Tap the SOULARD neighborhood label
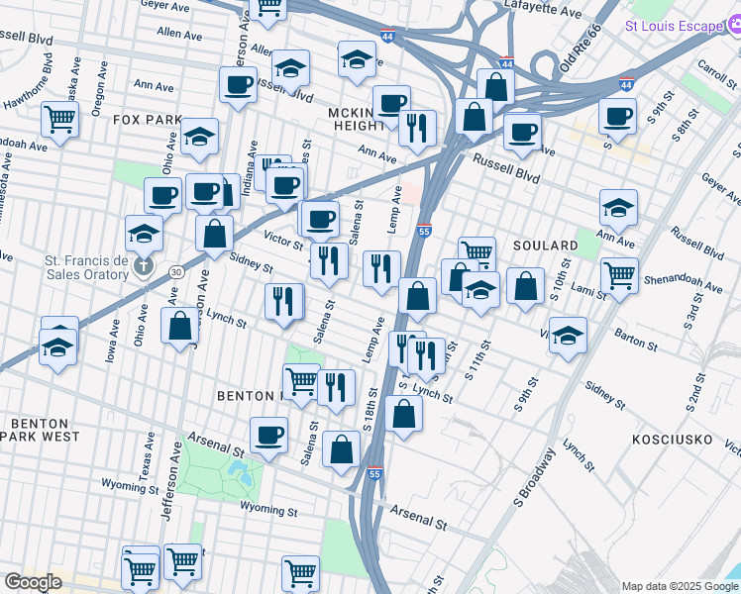coord(545,245)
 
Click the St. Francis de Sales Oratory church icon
coord(145,266)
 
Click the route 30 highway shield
coord(175,271)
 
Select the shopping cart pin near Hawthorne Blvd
coord(60,122)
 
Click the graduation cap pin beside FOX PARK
coord(200,140)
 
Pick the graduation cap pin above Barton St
coord(568,335)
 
